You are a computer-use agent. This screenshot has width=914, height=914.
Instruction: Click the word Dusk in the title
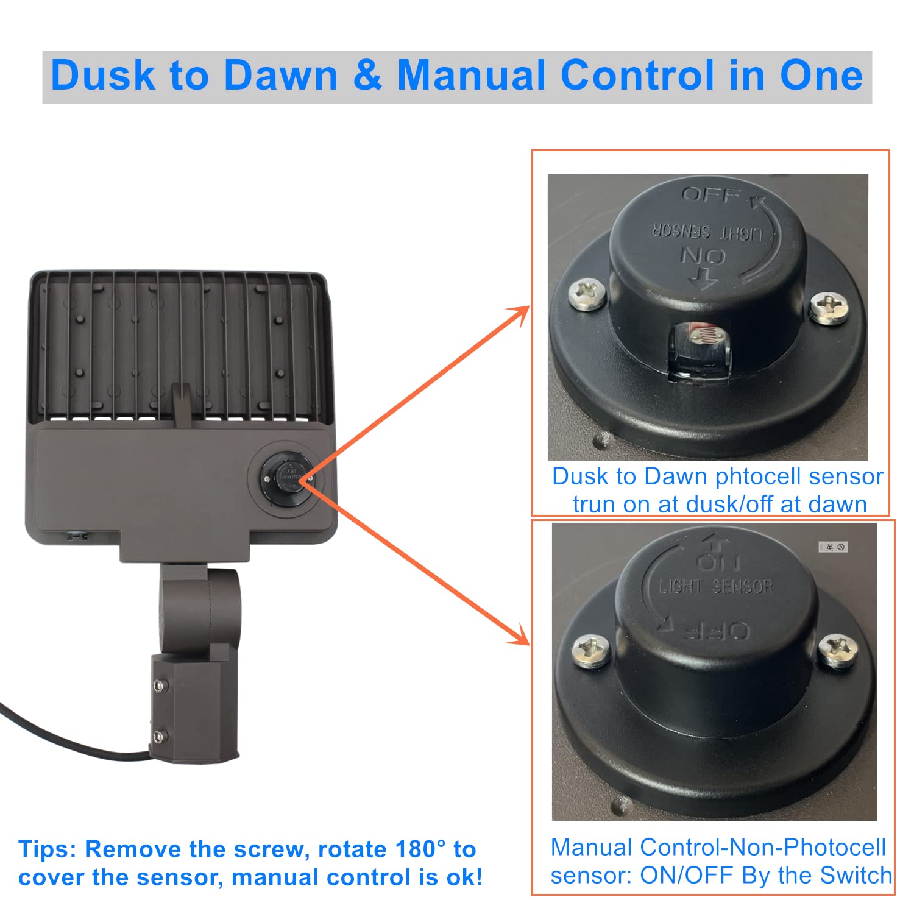click(103, 76)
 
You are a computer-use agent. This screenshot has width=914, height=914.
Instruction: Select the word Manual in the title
click(472, 76)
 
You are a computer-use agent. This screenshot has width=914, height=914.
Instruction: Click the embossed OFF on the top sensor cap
click(710, 196)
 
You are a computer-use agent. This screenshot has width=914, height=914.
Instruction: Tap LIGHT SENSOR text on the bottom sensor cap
click(716, 587)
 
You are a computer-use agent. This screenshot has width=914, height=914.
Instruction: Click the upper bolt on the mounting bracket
click(160, 686)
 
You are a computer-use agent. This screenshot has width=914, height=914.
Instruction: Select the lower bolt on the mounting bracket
click(159, 736)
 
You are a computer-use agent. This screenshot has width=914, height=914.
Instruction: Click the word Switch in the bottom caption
click(856, 875)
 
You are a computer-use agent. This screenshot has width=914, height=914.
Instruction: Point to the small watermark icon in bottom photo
click(833, 547)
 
